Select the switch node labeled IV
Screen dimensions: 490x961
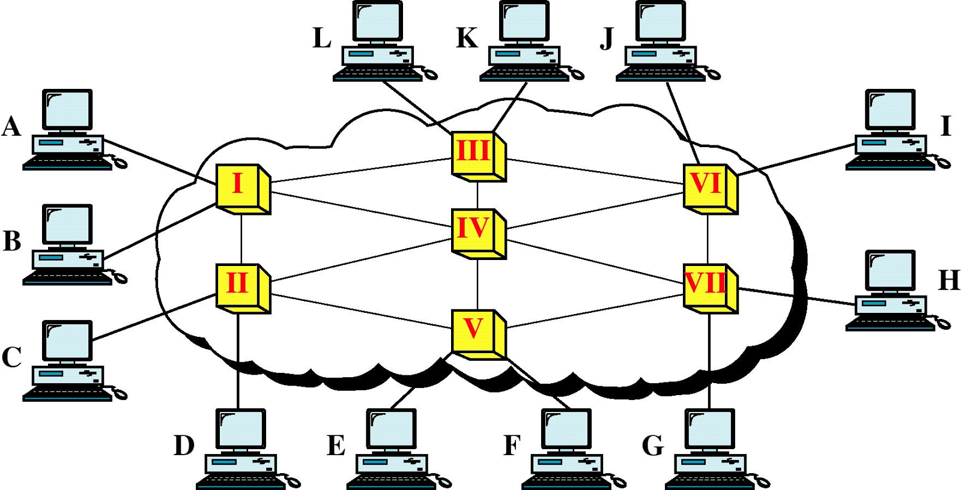tap(474, 231)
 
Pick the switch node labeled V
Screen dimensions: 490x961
tap(474, 331)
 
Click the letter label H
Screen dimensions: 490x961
tap(948, 280)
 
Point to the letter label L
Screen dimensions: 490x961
tap(322, 38)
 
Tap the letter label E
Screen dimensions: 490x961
tap(336, 446)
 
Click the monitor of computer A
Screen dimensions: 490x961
tap(67, 110)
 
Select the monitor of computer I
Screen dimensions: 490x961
tap(890, 110)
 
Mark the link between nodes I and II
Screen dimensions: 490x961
tap(241, 238)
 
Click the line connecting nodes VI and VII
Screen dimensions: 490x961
tap(708, 238)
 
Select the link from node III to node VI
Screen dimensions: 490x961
tap(595, 171)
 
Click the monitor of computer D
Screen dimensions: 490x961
tap(240, 429)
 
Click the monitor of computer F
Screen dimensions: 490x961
tap(566, 429)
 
